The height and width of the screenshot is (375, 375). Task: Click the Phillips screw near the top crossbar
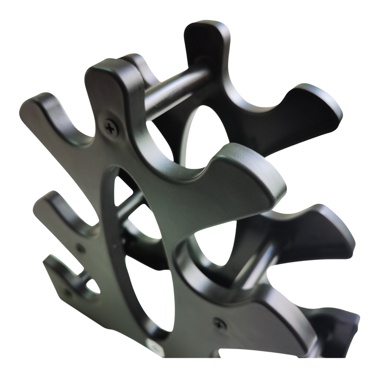111,127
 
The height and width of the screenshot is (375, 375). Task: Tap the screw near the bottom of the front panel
219,322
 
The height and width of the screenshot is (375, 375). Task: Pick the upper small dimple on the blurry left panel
80,248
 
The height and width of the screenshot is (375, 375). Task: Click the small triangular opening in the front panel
120,190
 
